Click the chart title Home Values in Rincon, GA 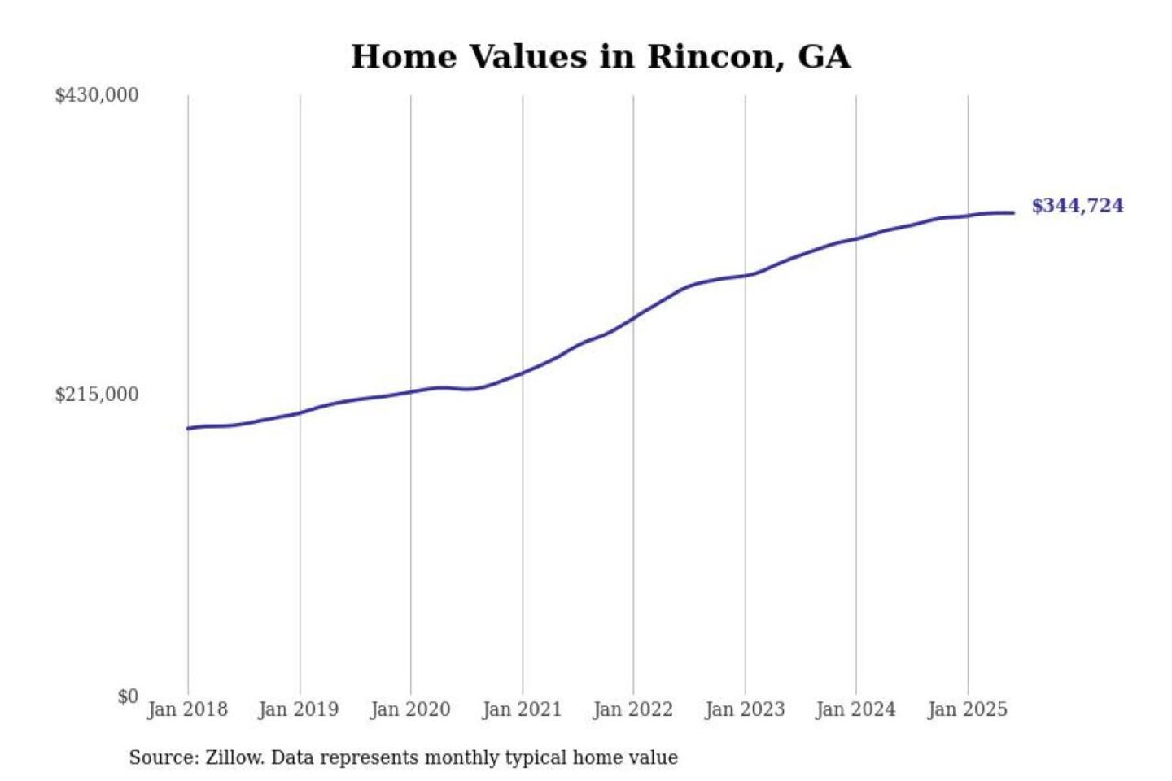(x=601, y=57)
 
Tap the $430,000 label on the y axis (x=97, y=95)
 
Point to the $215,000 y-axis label (x=97, y=395)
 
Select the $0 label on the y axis (x=128, y=696)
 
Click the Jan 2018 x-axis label (x=187, y=709)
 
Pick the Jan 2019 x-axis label (x=299, y=709)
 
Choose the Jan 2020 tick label (x=410, y=709)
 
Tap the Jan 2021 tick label (x=522, y=709)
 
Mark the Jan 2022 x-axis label (x=633, y=709)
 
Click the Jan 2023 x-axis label (x=745, y=709)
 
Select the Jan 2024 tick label (x=855, y=709)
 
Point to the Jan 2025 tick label (x=968, y=709)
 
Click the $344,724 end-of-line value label (x=1078, y=206)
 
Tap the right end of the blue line (x=1013, y=213)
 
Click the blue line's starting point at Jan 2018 (x=188, y=428)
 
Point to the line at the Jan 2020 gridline (x=410, y=392)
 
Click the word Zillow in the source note (x=234, y=758)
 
